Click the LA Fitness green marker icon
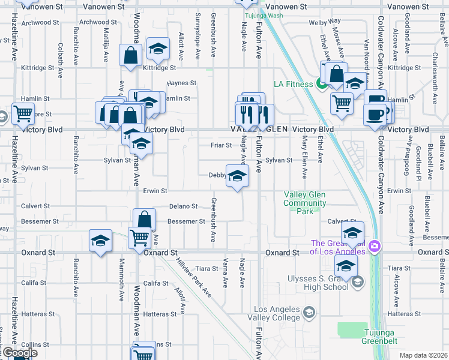point(322,84)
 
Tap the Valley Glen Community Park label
point(305,203)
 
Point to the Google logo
point(19,352)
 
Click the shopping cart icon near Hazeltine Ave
point(23,112)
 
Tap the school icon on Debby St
point(237,175)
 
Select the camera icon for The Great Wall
point(375,245)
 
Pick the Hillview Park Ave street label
point(193,277)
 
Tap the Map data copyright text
point(423,355)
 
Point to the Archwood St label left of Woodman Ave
point(94,22)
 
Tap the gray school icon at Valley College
point(309,312)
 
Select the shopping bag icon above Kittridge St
point(130,56)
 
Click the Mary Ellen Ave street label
point(305,157)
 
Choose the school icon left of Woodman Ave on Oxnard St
point(100,241)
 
